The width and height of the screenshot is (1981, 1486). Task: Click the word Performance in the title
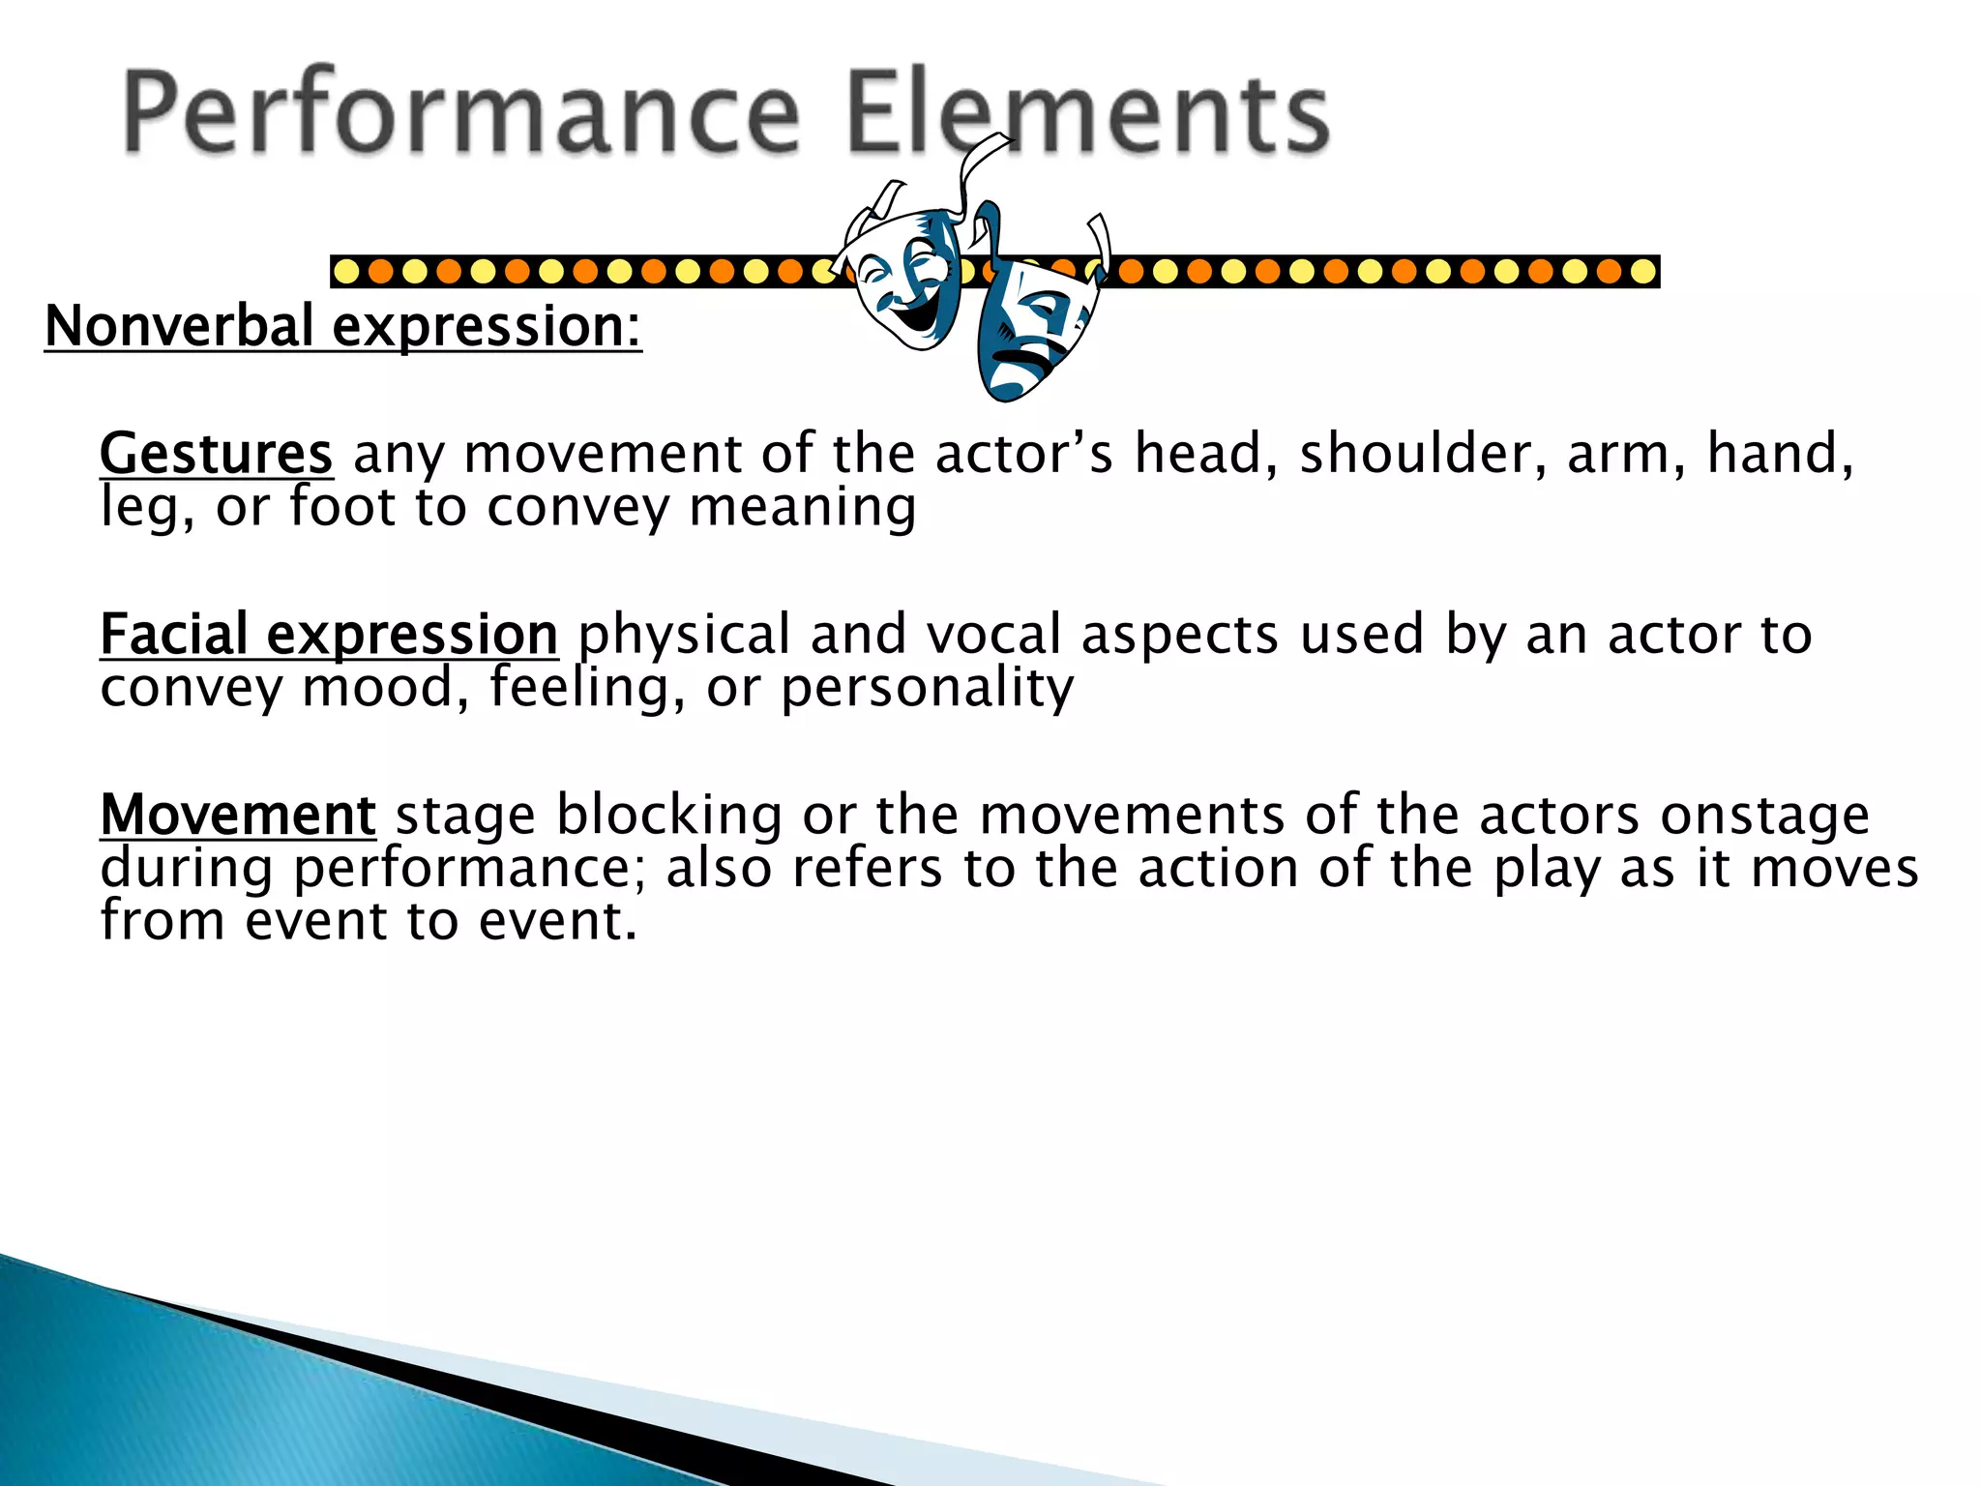[460, 113]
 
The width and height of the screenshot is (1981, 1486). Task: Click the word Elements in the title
[1087, 113]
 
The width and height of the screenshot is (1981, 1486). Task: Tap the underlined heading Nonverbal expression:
[343, 327]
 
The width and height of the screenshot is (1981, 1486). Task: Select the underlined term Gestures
[217, 454]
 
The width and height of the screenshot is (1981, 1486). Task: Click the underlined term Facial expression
[329, 635]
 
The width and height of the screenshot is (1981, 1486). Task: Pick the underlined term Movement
[238, 815]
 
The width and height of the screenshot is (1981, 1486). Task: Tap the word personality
[927, 688]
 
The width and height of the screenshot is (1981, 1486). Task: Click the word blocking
[668, 815]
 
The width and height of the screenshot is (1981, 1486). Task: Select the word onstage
[1764, 817]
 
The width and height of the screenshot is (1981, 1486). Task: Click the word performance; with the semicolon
[475, 869]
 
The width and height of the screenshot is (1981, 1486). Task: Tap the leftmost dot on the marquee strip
[346, 272]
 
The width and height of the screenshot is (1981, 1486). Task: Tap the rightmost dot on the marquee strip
[1642, 272]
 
